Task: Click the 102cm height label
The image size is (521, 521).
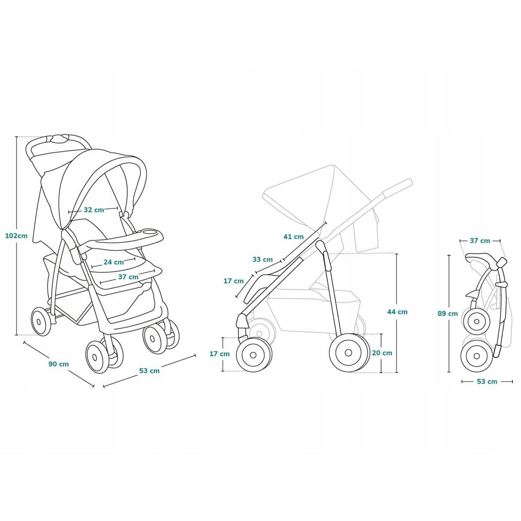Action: click(16, 236)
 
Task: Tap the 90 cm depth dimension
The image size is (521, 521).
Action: click(59, 364)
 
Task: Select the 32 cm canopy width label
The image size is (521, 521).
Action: click(94, 210)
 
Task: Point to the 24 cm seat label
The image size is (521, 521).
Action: click(114, 262)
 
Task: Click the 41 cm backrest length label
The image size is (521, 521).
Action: click(293, 237)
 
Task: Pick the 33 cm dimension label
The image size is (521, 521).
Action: click(263, 260)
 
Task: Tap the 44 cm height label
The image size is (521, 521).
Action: click(397, 312)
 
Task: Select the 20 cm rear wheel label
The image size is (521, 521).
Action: click(382, 353)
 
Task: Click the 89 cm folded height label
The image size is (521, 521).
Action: click(448, 313)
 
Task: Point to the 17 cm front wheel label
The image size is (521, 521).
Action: click(220, 354)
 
